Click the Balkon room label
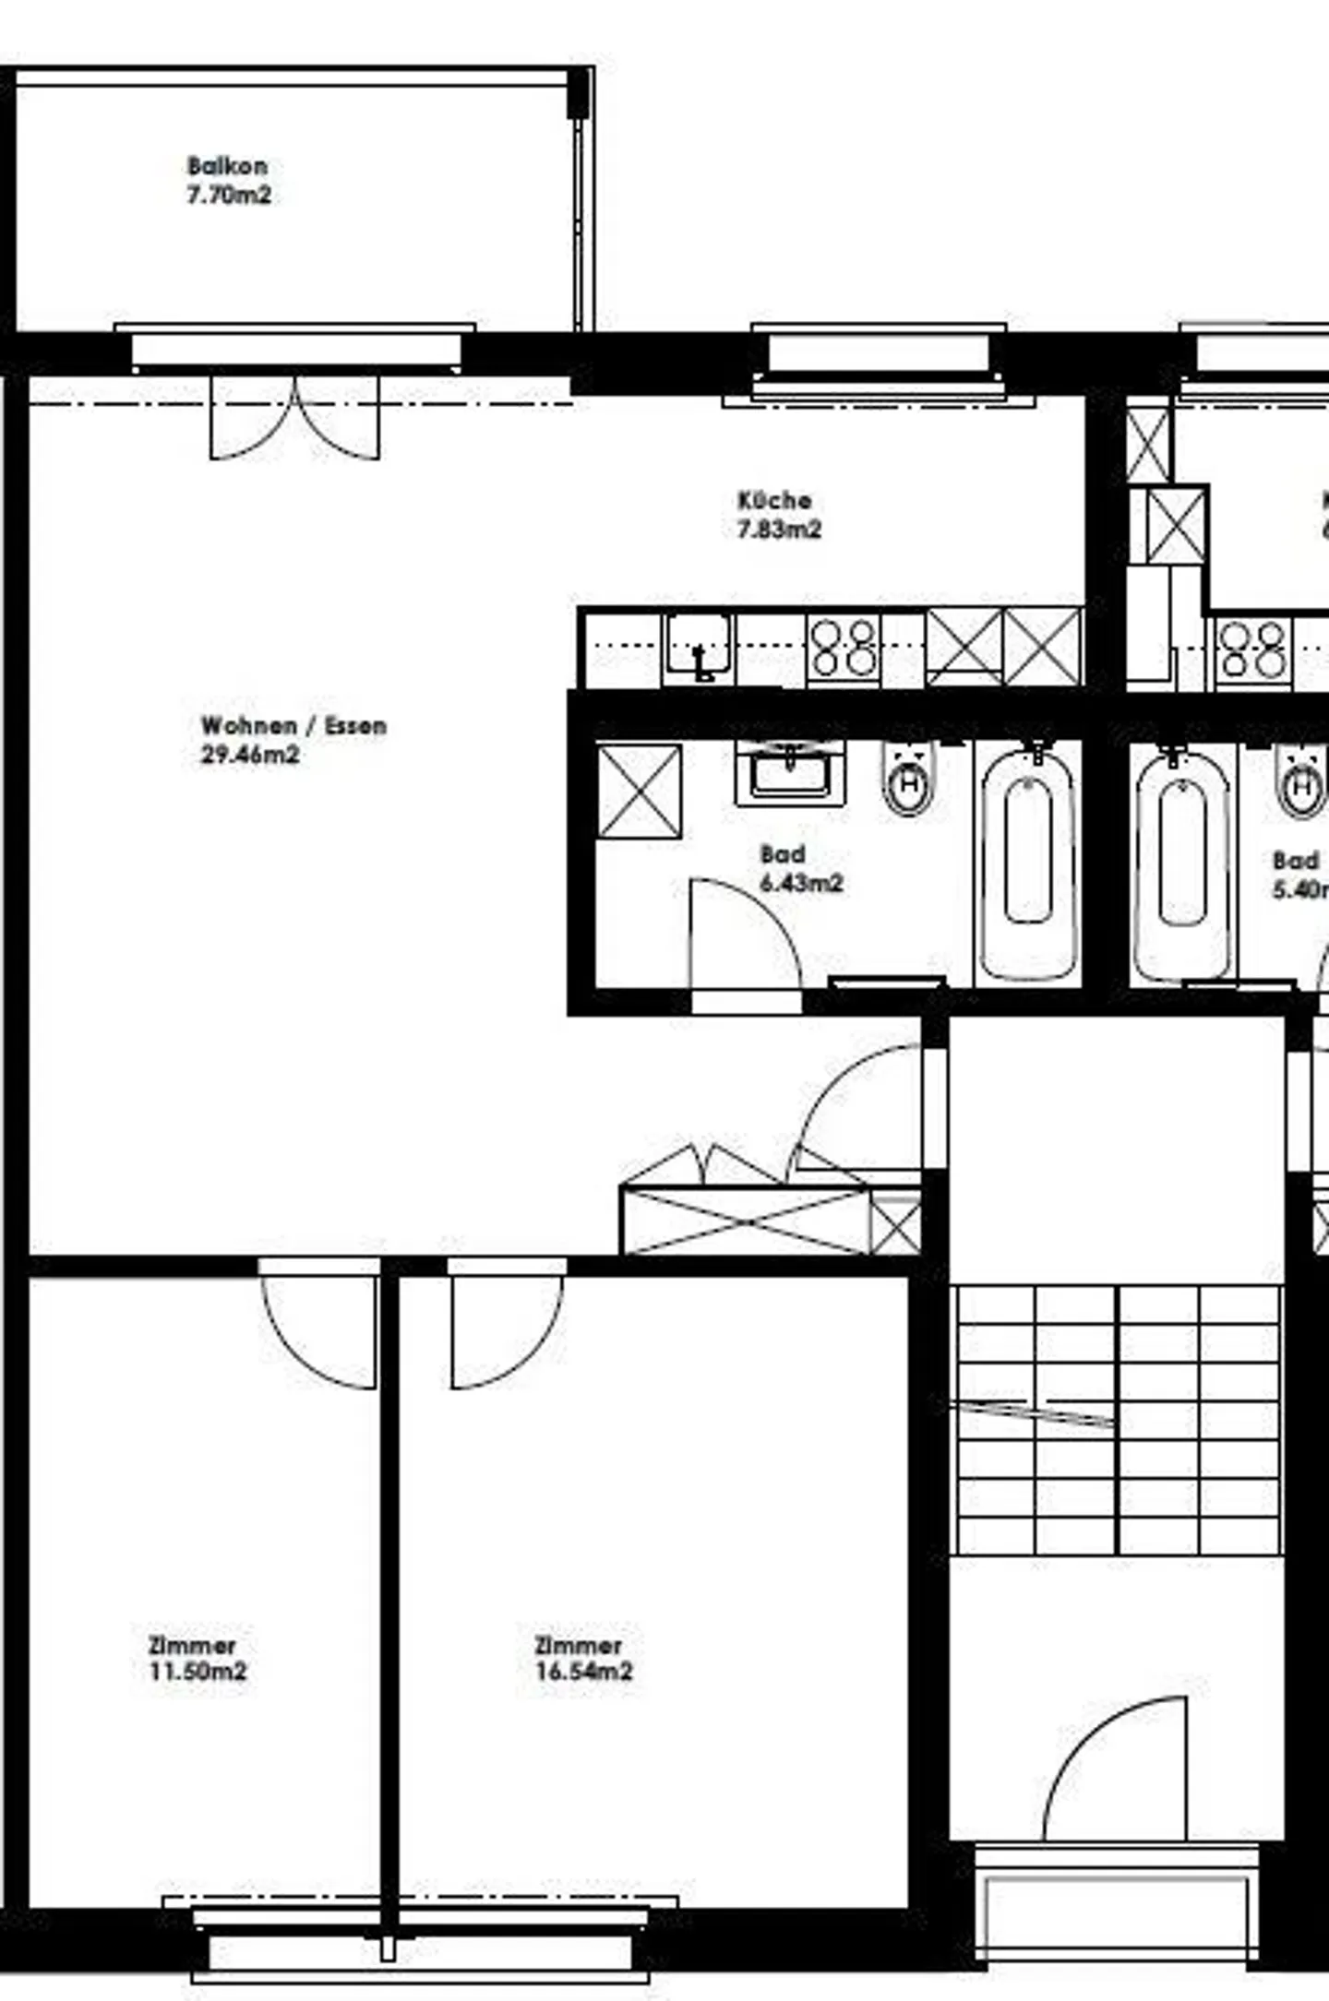coord(227,166)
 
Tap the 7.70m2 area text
coord(229,195)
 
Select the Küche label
coord(774,501)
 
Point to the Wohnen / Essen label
coord(293,726)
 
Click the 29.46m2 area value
coord(250,755)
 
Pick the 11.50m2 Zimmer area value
coord(198,1671)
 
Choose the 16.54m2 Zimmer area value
coord(584,1671)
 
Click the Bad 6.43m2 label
coord(800,869)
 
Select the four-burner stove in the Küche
coord(843,648)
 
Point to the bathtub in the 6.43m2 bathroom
coord(1028,863)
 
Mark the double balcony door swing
coord(294,420)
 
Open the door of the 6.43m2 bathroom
coord(743,936)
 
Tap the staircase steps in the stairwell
coord(1118,1421)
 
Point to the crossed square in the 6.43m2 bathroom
coord(639,792)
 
